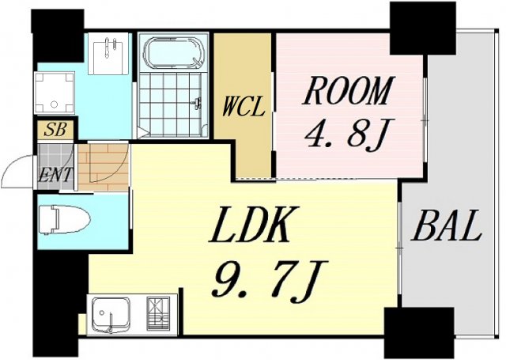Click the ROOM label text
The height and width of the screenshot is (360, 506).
tap(348, 93)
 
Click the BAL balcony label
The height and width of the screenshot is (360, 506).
tap(447, 229)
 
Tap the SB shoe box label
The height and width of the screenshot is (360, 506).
tap(55, 130)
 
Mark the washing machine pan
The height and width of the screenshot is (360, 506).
tap(55, 93)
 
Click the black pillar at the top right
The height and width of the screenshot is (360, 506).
tap(411, 28)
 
